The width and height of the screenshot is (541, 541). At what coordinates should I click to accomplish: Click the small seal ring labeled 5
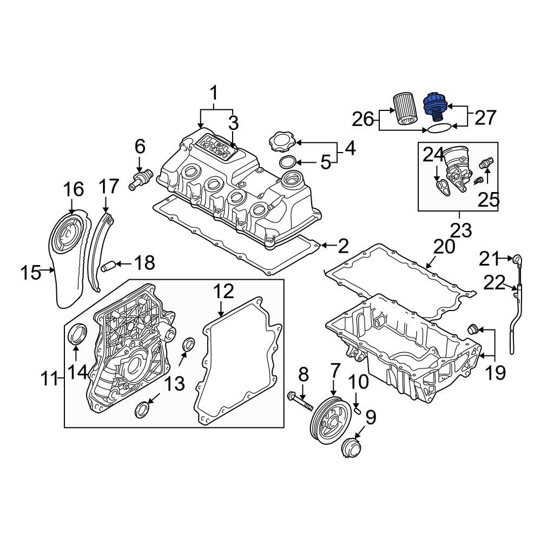click(x=288, y=162)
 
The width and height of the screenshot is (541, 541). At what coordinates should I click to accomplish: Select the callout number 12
click(x=223, y=292)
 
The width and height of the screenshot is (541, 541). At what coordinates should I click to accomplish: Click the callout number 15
click(x=30, y=272)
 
